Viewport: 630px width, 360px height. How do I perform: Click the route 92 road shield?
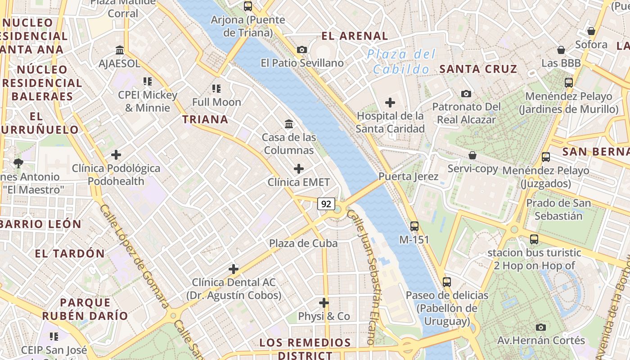pyautogui.click(x=326, y=204)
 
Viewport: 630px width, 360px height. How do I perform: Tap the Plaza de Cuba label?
pyautogui.click(x=303, y=243)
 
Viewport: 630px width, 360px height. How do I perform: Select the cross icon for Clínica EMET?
pyautogui.click(x=298, y=169)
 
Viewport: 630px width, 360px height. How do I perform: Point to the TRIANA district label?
pyautogui.click(x=205, y=119)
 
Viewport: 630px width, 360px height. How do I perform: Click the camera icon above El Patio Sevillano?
pyautogui.click(x=302, y=49)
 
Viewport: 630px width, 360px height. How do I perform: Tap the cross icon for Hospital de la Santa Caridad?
pyautogui.click(x=390, y=103)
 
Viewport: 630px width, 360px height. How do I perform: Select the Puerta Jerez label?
pyautogui.click(x=408, y=176)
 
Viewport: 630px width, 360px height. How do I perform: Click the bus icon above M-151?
pyautogui.click(x=414, y=226)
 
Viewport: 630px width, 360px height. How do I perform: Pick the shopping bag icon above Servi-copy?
pyautogui.click(x=472, y=155)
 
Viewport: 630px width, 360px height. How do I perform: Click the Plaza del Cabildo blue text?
pyautogui.click(x=400, y=62)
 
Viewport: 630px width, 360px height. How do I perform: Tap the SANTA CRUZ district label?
pyautogui.click(x=478, y=69)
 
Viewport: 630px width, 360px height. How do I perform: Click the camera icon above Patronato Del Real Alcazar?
pyautogui.click(x=466, y=94)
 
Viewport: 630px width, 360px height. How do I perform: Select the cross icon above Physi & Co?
pyautogui.click(x=324, y=302)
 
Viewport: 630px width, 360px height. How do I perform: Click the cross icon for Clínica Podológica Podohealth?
pyautogui.click(x=116, y=155)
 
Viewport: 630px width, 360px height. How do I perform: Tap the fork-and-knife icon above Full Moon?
pyautogui.click(x=216, y=89)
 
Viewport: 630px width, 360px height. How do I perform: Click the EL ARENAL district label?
pyautogui.click(x=355, y=36)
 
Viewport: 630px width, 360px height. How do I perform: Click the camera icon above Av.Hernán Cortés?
pyautogui.click(x=541, y=327)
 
